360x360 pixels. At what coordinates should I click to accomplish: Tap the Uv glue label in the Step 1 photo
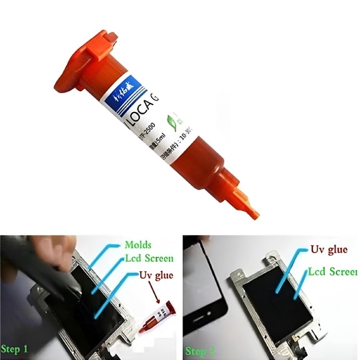[x=156, y=275]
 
